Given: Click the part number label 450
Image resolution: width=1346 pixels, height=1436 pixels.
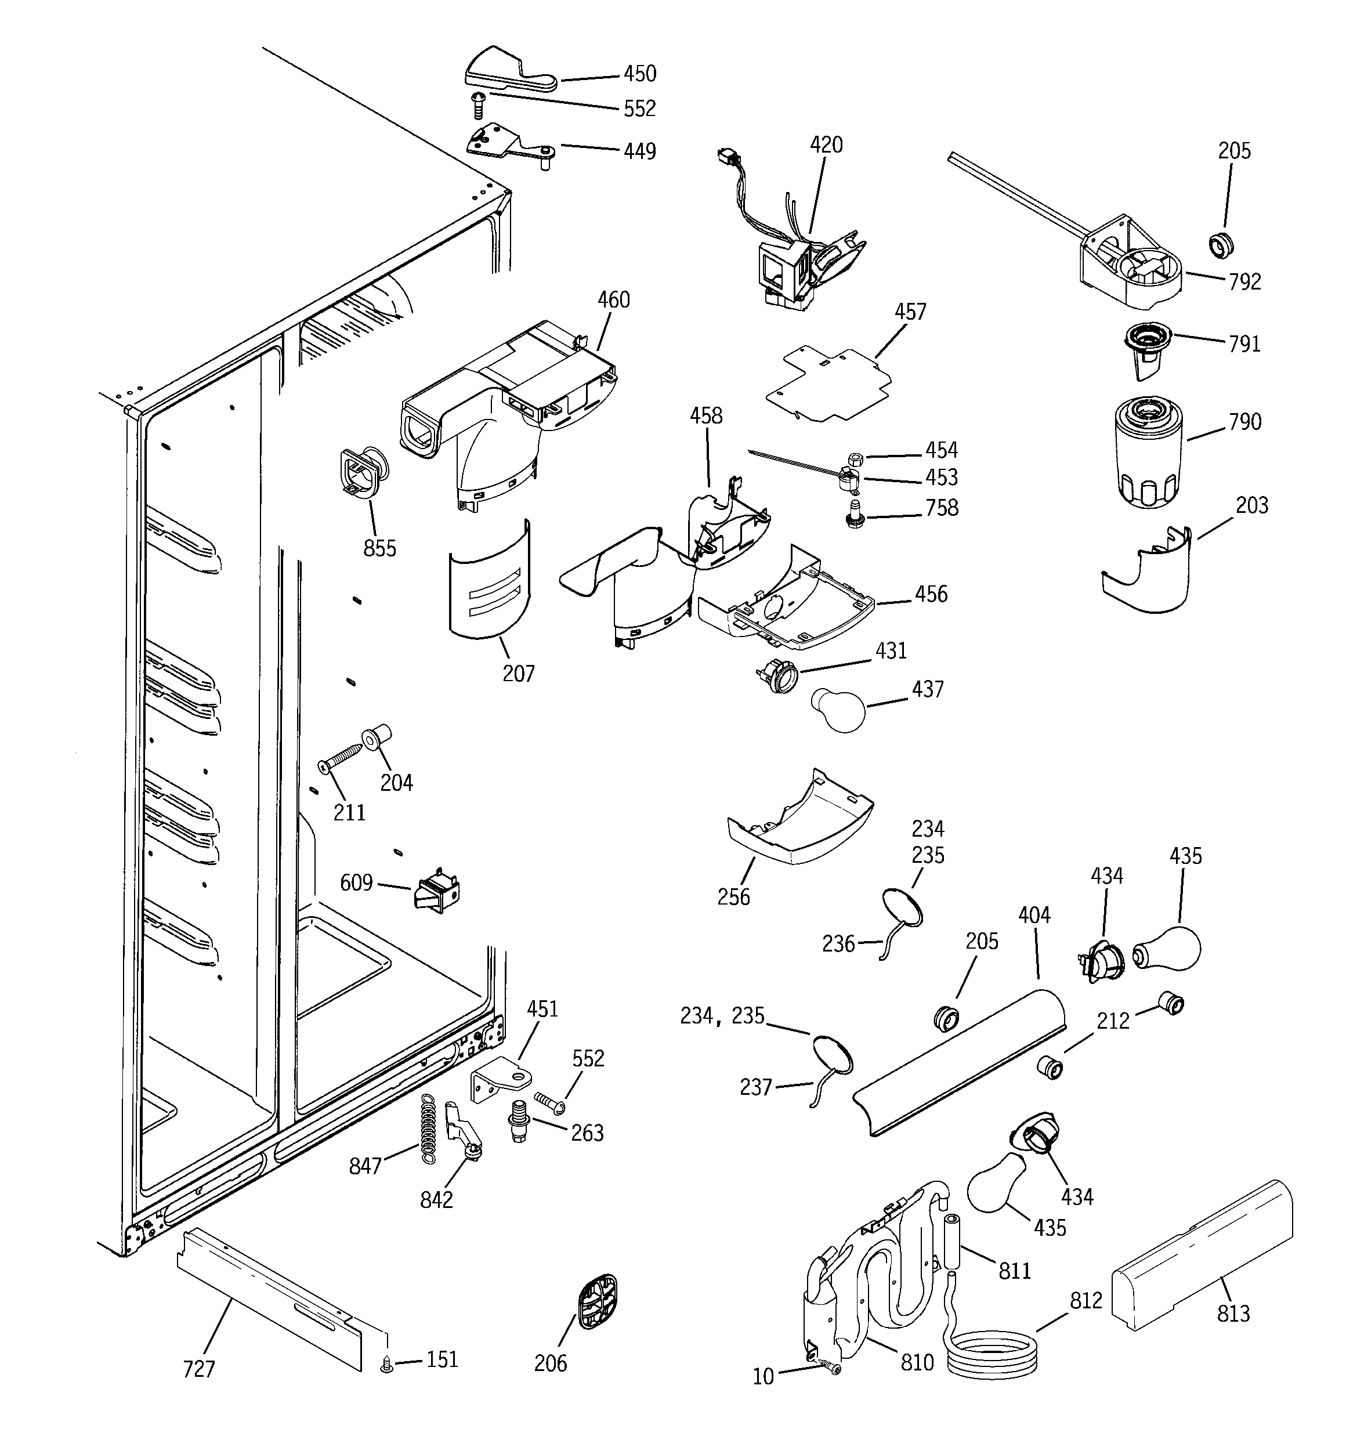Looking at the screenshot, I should coord(639,74).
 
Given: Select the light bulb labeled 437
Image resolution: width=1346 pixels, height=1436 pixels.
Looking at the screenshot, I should coord(839,710).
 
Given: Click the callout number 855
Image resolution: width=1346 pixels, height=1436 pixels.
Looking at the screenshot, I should coord(379,548).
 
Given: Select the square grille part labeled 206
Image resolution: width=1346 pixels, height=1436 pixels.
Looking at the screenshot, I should coord(597,1301).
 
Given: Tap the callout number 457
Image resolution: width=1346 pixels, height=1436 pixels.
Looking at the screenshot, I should coord(910,312).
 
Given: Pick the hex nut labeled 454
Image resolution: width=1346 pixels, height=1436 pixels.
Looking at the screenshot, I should coord(852,458).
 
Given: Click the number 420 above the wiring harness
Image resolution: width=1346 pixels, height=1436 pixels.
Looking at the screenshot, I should coord(826,145).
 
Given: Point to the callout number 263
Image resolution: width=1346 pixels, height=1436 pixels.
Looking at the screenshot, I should coord(587,1133).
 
